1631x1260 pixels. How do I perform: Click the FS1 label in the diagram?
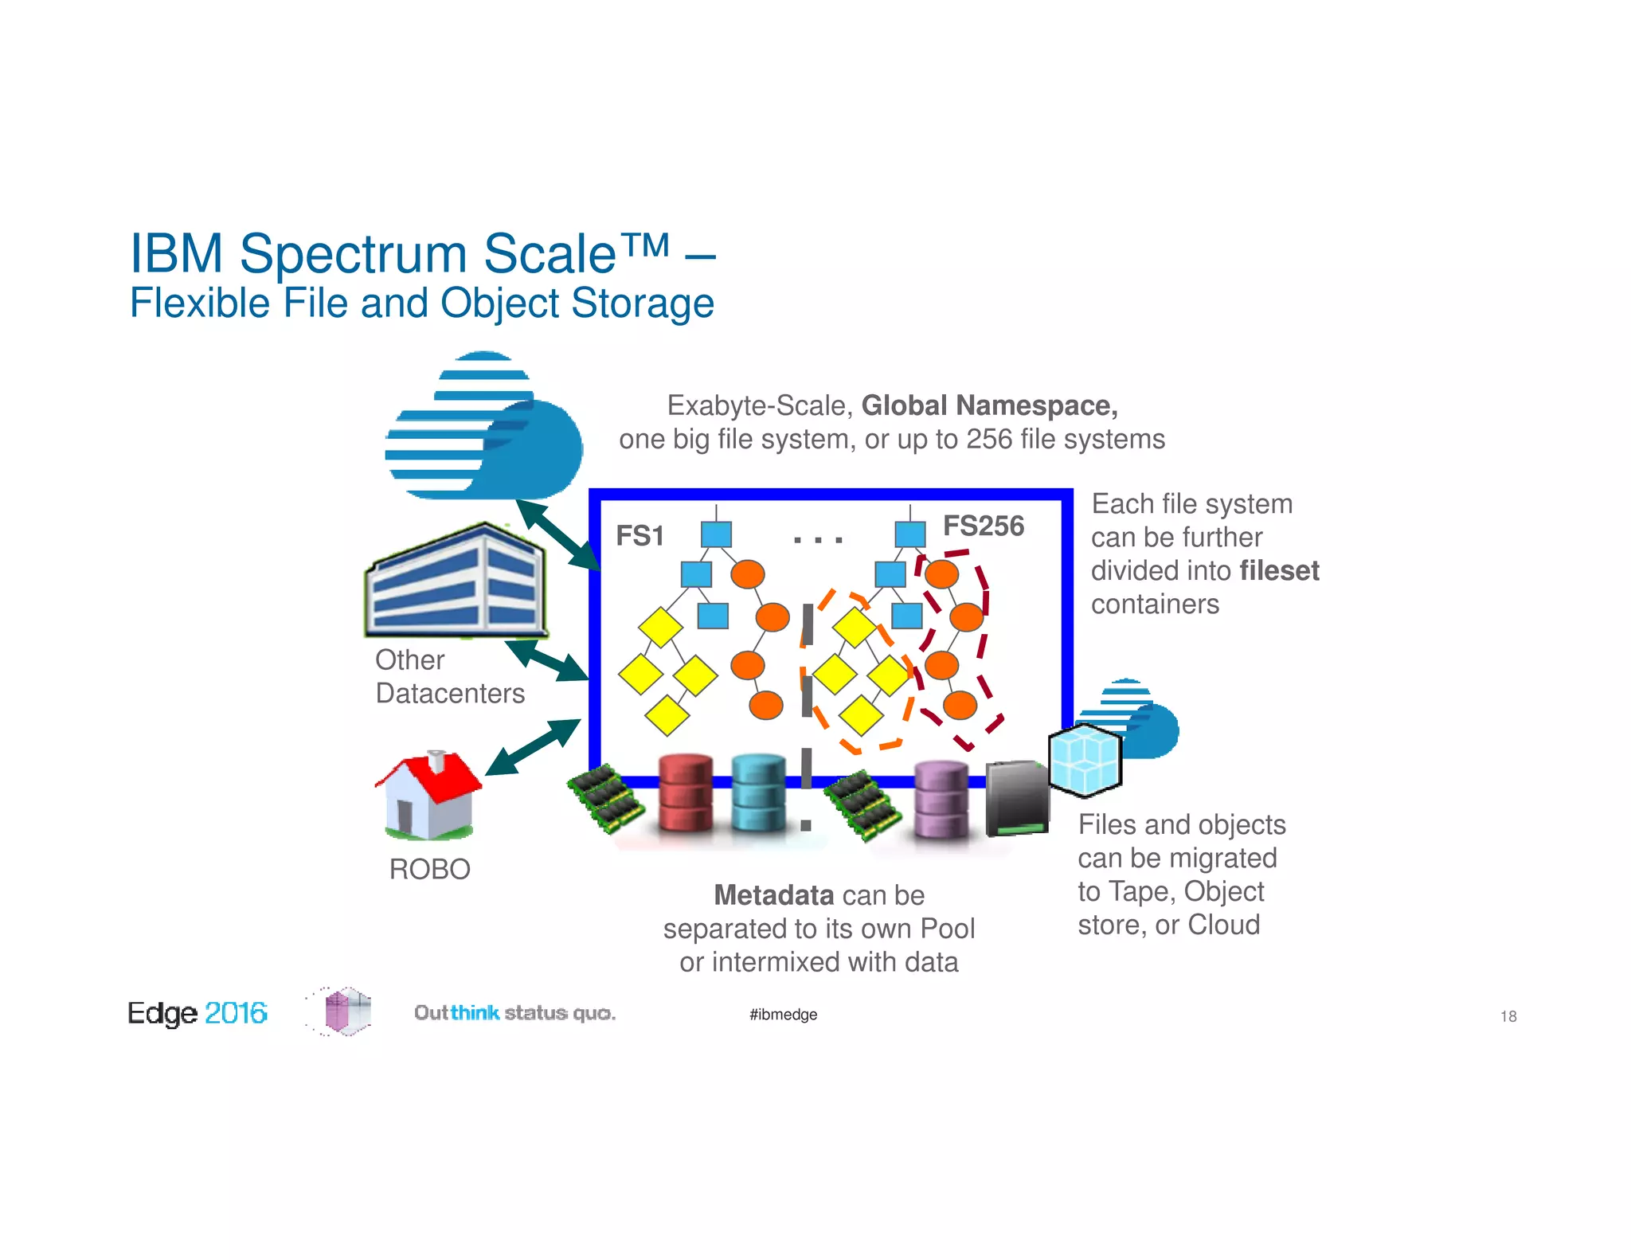pos(639,536)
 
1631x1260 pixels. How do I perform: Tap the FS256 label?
pos(984,526)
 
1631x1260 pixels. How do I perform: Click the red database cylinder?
pos(686,794)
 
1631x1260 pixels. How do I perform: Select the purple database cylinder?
pos(941,799)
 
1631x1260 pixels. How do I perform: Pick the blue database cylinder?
pos(758,793)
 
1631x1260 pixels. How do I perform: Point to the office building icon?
pos(456,581)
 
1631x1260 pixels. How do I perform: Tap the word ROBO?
pos(430,869)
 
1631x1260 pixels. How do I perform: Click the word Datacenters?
pos(450,694)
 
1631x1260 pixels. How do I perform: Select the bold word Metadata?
pos(773,895)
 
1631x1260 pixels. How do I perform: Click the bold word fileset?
pos(1279,571)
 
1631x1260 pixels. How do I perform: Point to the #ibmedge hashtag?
pos(783,1015)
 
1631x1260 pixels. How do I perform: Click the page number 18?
pos(1508,1016)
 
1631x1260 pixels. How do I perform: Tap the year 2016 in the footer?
pos(236,1013)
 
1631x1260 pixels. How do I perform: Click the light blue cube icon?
pos(1085,760)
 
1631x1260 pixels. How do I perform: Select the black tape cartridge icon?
pos(1016,798)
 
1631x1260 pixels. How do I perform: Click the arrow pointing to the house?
pos(533,746)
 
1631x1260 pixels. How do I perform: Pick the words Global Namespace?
pos(989,405)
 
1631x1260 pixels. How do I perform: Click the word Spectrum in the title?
pos(354,254)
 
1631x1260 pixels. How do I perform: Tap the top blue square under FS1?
pos(716,534)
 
